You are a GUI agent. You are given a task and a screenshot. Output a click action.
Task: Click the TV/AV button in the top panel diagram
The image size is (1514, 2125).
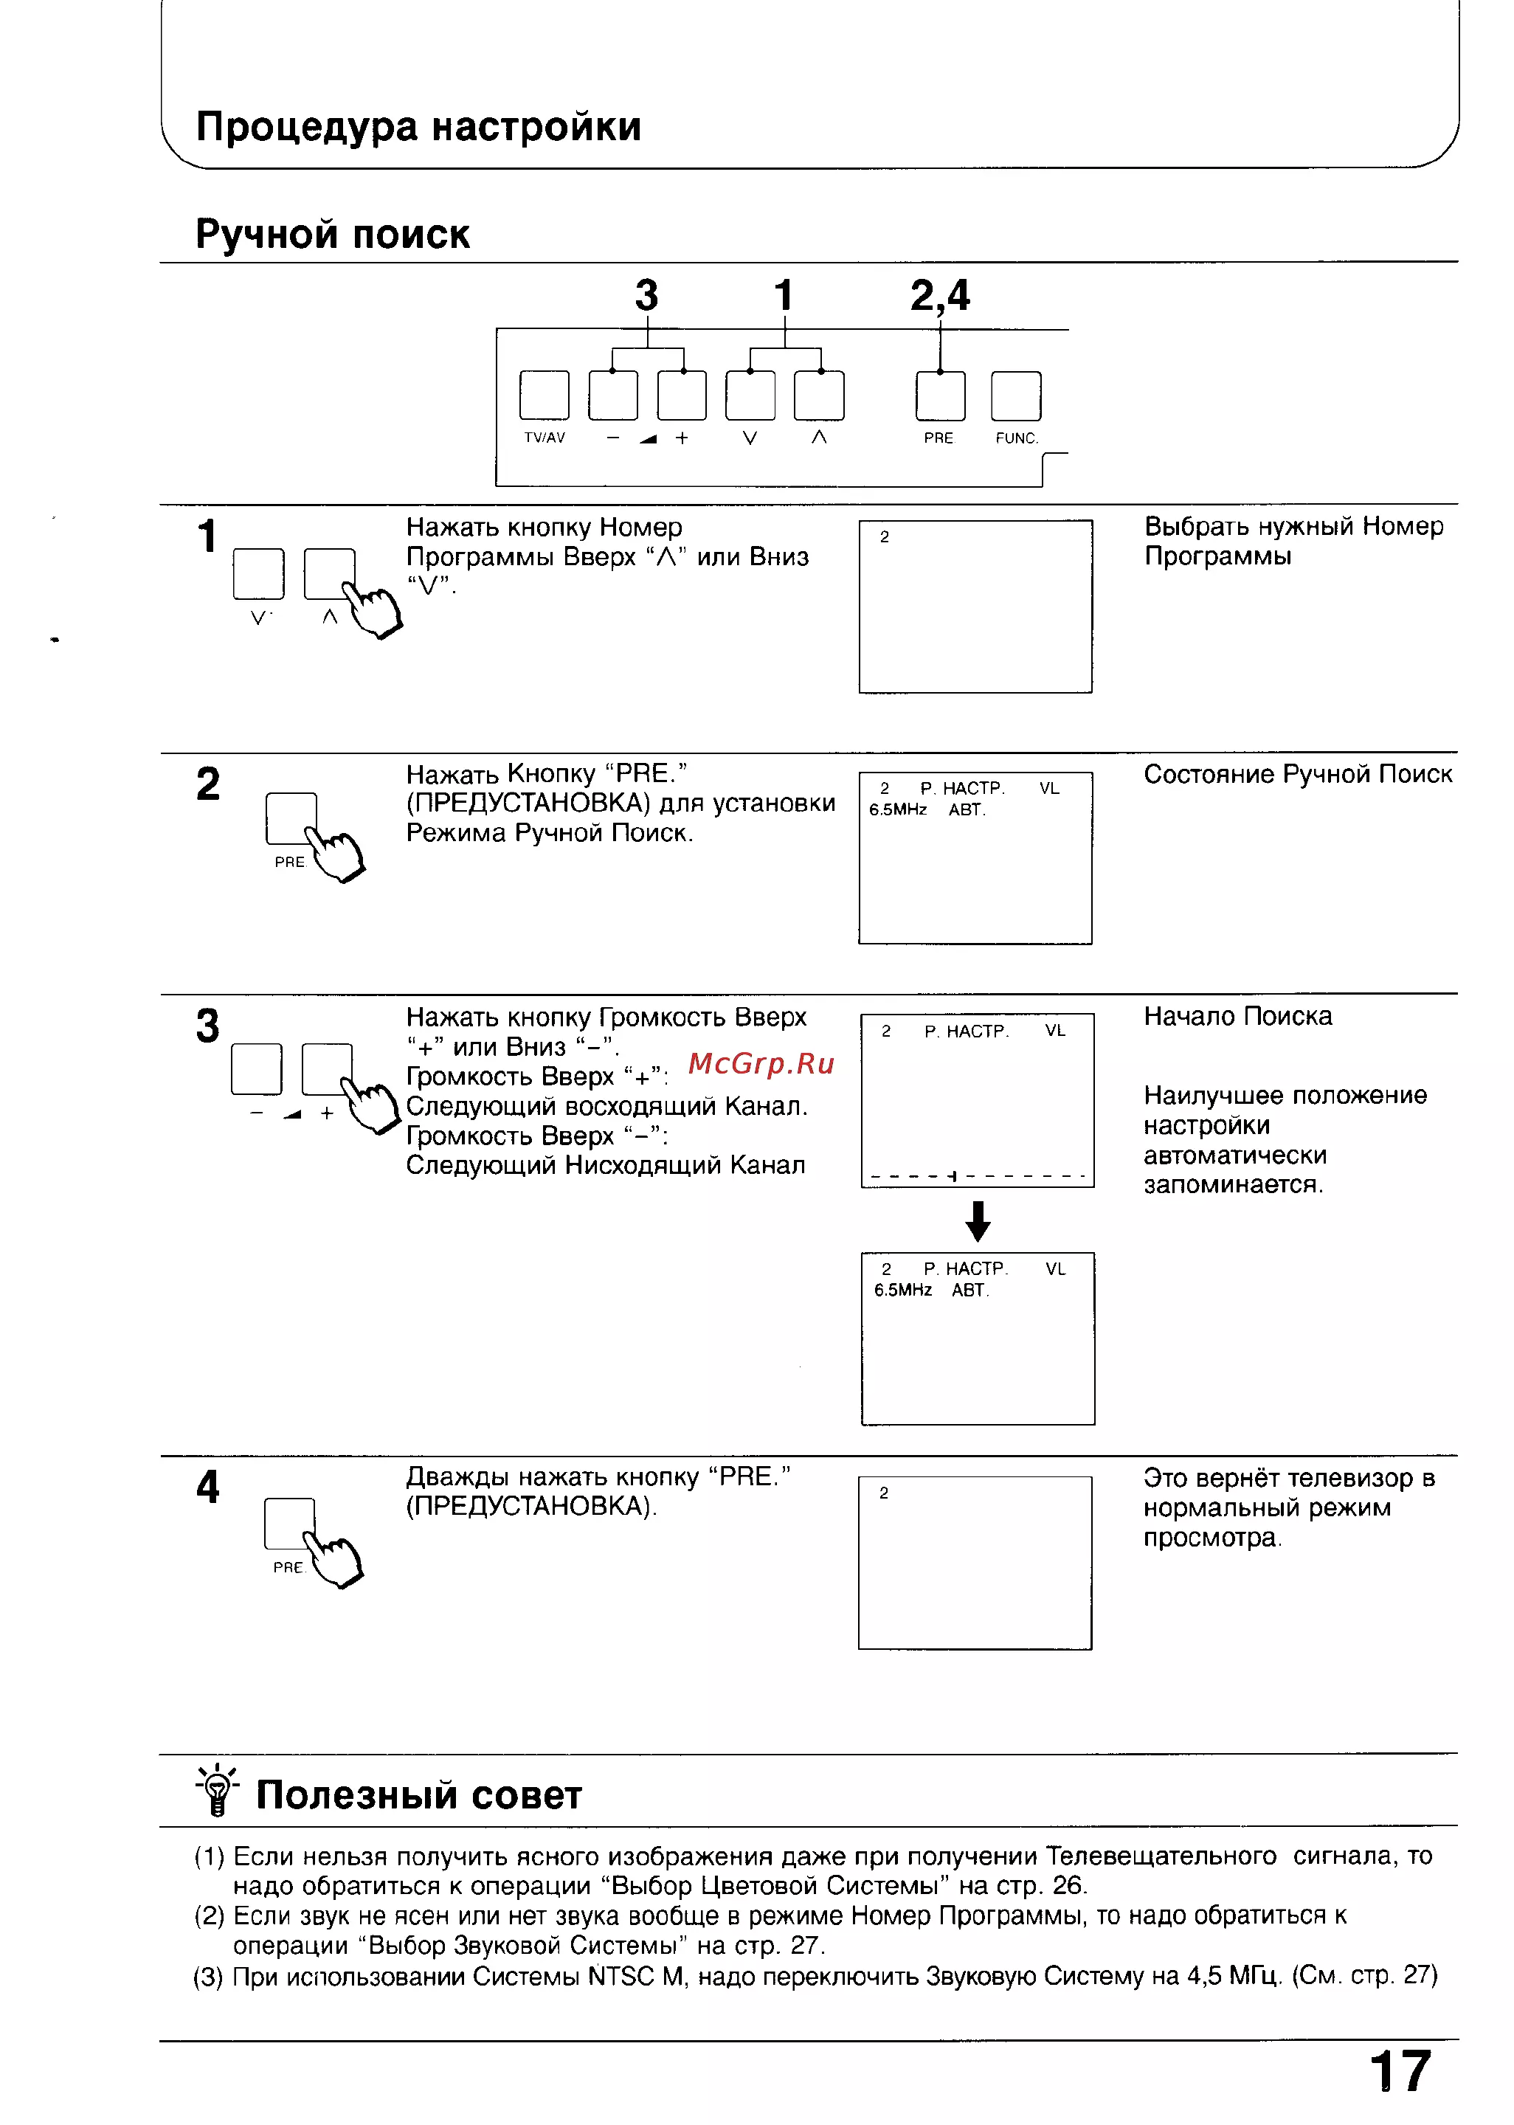click(545, 395)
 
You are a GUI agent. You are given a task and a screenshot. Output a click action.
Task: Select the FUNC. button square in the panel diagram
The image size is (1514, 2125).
click(1016, 396)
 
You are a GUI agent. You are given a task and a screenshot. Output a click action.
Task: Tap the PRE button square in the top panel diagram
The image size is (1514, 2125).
click(941, 396)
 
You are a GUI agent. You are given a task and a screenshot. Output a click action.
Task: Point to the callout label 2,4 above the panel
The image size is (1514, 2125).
click(940, 297)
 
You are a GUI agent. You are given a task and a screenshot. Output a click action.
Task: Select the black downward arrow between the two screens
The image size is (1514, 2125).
click(977, 1220)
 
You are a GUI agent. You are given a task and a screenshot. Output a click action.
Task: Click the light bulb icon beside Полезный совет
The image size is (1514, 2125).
click(217, 1789)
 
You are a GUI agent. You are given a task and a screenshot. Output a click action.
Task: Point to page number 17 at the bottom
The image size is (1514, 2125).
click(1400, 2072)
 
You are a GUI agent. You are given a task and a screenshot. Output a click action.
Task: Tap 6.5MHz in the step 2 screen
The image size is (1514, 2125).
click(898, 810)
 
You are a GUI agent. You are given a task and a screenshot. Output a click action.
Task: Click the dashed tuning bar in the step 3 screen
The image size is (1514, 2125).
click(977, 1176)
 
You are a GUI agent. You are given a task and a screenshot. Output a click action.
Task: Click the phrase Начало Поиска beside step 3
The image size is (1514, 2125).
click(1238, 1016)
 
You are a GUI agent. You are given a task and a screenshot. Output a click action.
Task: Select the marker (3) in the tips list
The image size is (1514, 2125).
click(209, 1977)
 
